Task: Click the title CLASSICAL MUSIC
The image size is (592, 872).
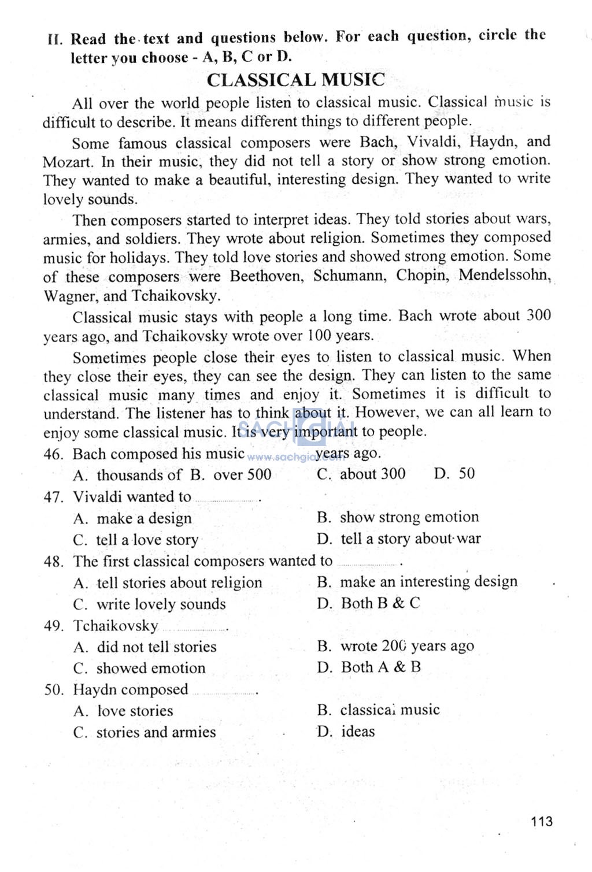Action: (295, 80)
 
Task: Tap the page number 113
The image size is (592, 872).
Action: (541, 821)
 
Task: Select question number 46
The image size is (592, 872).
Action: (53, 454)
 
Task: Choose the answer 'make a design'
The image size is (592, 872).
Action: (144, 518)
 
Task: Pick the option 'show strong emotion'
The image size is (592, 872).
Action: (409, 517)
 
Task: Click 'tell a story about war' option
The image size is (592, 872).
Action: (410, 539)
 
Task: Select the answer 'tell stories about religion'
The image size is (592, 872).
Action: (179, 582)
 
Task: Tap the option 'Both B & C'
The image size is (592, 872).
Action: (380, 603)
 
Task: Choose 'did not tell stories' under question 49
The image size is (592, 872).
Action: (156, 647)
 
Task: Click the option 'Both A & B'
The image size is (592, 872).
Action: (380, 667)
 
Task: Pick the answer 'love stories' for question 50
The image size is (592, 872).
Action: (135, 711)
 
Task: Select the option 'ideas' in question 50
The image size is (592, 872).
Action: (358, 732)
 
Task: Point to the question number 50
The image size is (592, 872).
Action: (53, 690)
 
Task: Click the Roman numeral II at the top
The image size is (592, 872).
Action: (55, 40)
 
